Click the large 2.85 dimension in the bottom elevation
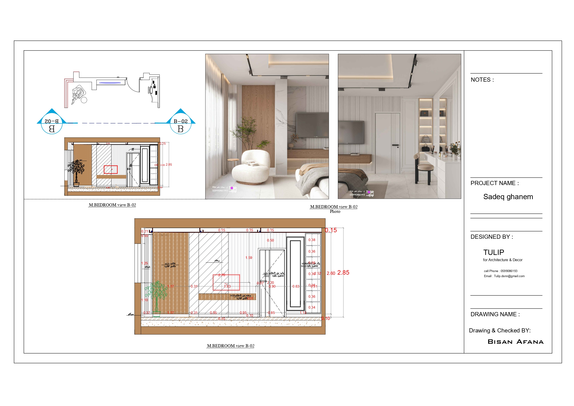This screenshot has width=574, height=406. point(343,273)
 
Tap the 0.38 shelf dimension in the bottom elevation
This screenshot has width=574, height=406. point(312,240)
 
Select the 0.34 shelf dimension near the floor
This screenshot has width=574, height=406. point(312,307)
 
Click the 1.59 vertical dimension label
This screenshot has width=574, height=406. point(249,257)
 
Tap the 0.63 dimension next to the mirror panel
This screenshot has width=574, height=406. point(296,286)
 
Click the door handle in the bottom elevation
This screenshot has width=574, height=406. point(263,281)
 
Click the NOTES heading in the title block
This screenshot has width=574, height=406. point(482,80)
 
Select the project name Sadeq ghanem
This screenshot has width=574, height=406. point(508,197)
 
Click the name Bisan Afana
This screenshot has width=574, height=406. point(515,342)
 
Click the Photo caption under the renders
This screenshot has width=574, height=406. point(335,211)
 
